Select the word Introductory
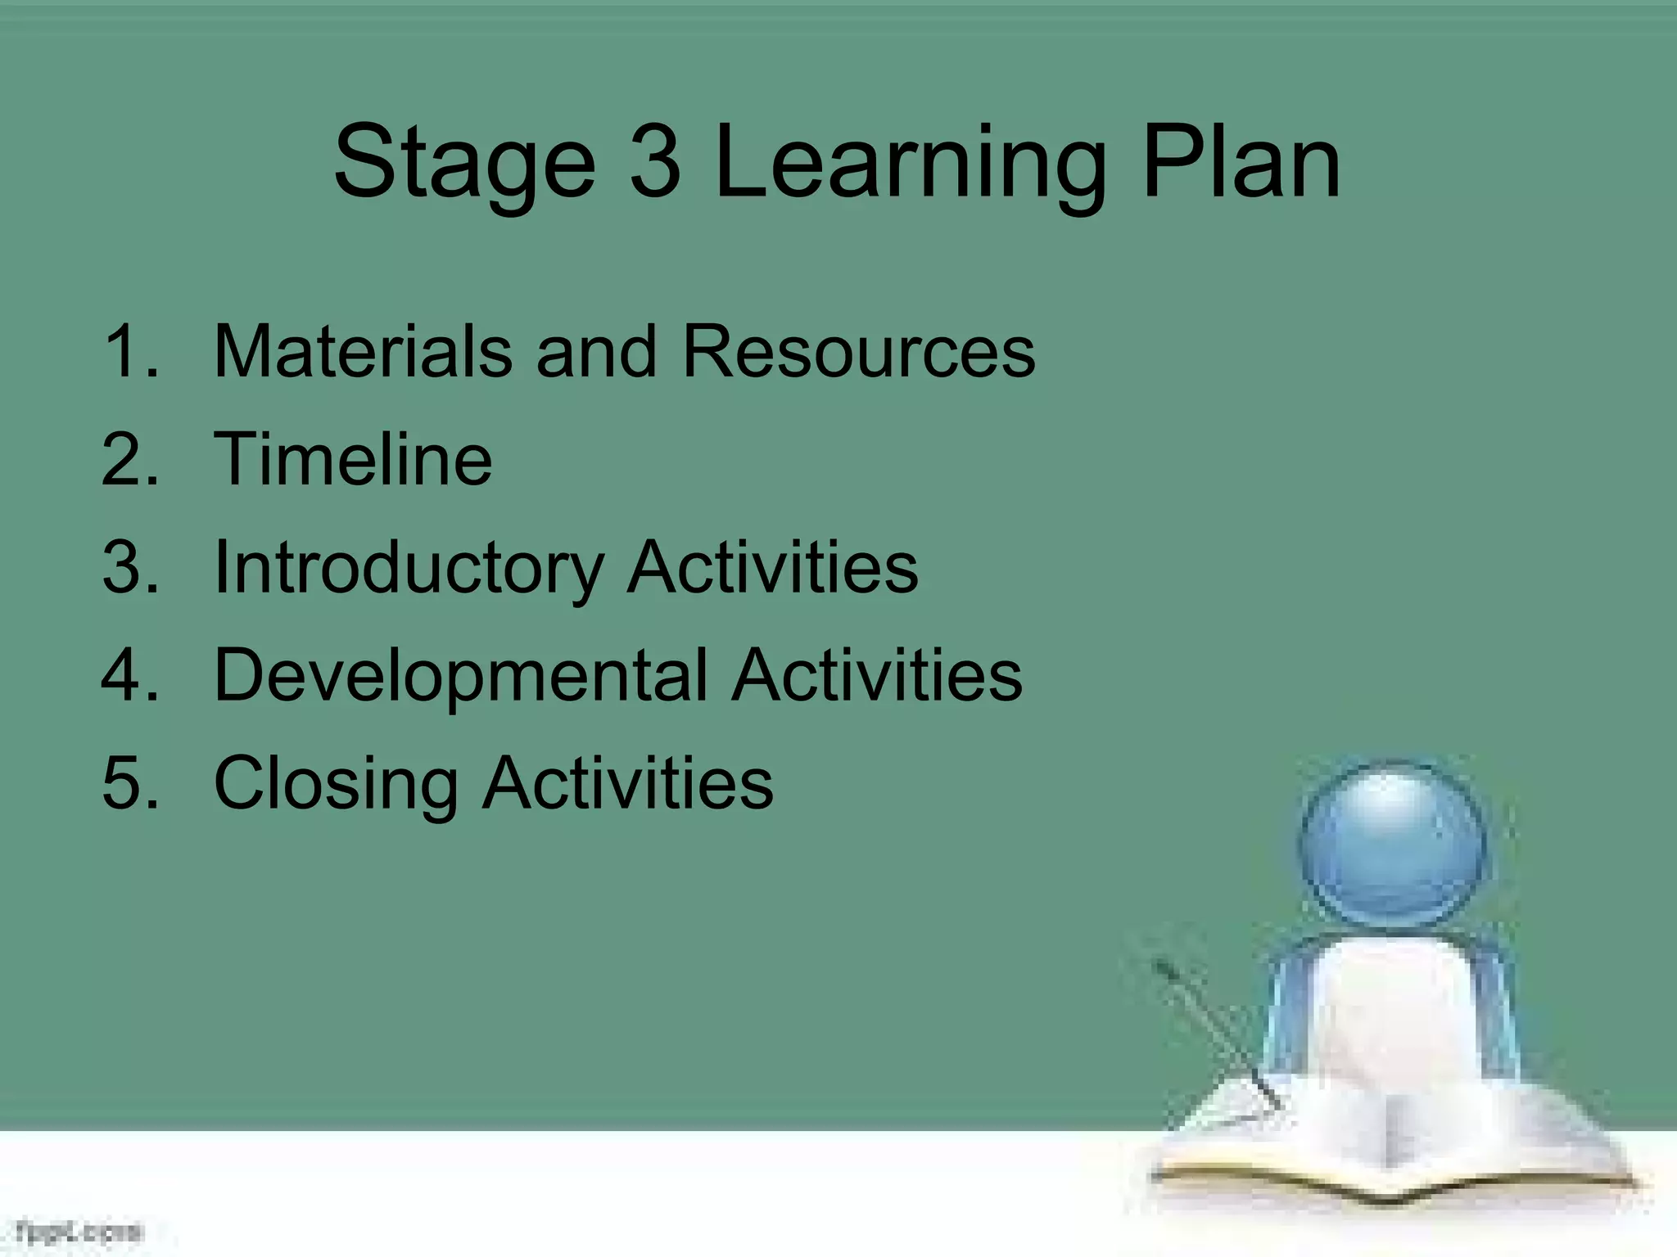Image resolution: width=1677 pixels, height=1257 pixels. (x=409, y=567)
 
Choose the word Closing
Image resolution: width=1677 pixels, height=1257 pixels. (x=336, y=784)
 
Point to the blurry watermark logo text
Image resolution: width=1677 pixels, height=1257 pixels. (x=79, y=1231)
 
